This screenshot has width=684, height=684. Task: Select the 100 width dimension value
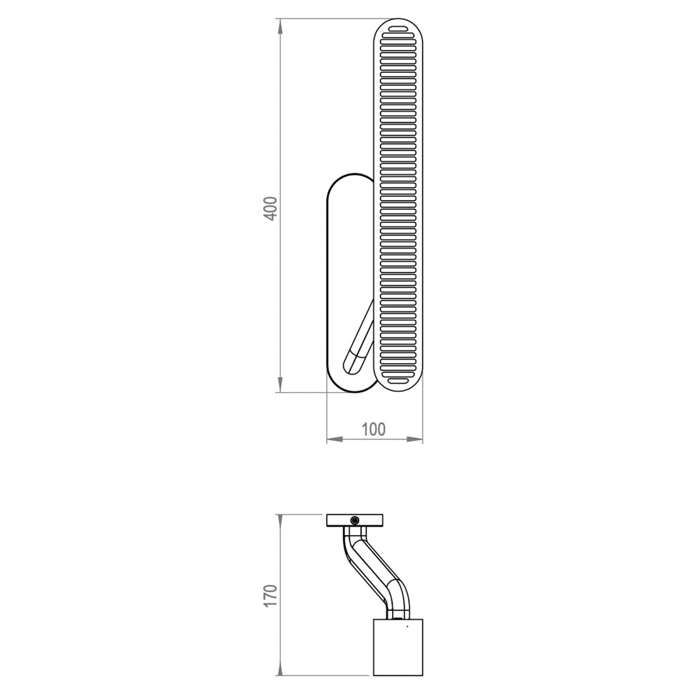(373, 429)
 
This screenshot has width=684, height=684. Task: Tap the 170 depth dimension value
(271, 596)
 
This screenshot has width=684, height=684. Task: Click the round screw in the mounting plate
(355, 520)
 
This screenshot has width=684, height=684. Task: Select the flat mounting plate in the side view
(342, 520)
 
